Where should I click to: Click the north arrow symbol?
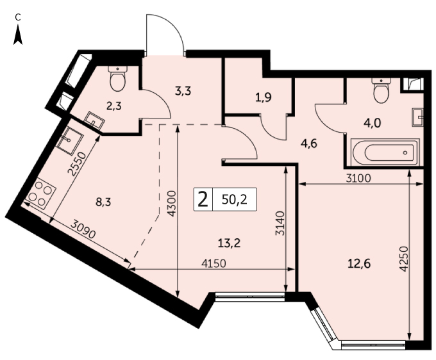click(18, 35)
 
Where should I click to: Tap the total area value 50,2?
click(235, 199)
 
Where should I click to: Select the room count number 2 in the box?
click(203, 199)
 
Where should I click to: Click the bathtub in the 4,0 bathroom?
click(385, 152)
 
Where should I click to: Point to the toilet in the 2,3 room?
click(118, 79)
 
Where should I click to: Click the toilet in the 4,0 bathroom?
click(382, 90)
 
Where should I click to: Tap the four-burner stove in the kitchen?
click(41, 194)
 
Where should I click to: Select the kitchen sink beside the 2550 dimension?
click(71, 140)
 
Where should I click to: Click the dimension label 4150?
click(214, 263)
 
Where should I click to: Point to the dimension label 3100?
click(358, 178)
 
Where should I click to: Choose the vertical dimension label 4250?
click(403, 259)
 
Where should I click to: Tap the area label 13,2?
click(229, 243)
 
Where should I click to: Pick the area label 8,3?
click(103, 202)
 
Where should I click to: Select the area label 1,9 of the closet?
click(264, 97)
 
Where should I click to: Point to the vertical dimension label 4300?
click(172, 204)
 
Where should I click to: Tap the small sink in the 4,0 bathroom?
click(417, 117)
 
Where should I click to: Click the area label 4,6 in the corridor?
click(309, 144)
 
